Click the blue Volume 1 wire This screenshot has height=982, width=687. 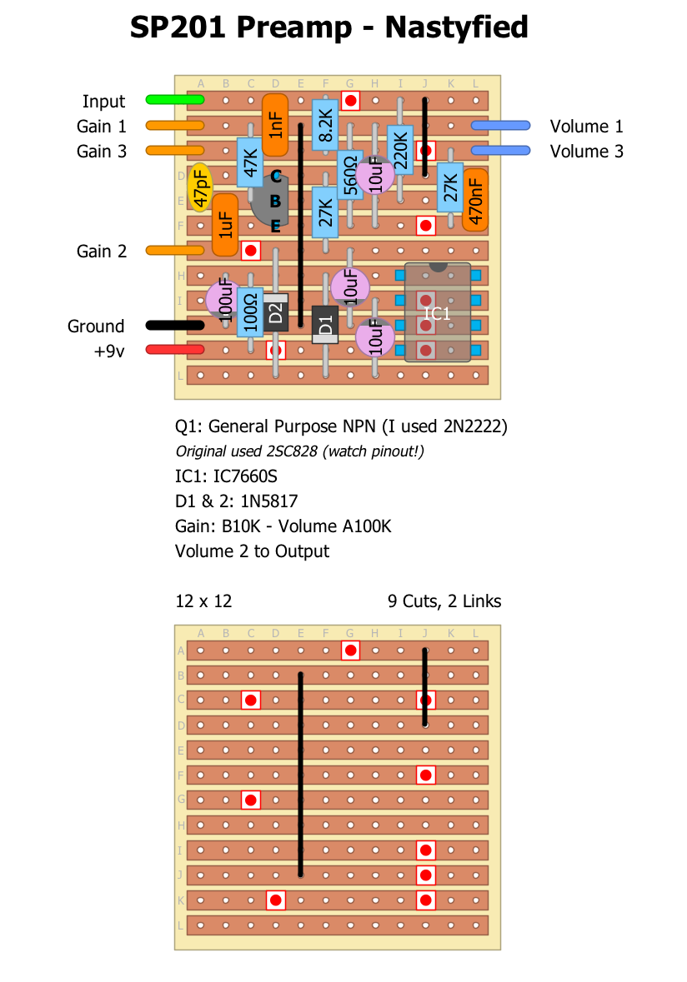click(500, 126)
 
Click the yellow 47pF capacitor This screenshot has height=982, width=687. click(200, 187)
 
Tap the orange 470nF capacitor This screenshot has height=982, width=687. click(475, 200)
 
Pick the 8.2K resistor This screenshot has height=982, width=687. click(325, 125)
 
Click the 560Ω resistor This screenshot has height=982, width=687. click(350, 176)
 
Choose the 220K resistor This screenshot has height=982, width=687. click(400, 150)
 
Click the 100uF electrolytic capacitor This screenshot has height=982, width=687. click(223, 300)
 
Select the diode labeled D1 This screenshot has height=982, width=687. click(325, 325)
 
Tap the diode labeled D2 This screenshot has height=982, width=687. click(276, 312)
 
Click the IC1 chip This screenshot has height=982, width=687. click(438, 313)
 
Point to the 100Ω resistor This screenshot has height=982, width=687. click(250, 312)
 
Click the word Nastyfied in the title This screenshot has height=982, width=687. click(456, 27)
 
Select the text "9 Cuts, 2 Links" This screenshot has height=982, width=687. click(444, 601)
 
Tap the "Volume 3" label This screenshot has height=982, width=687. click(586, 151)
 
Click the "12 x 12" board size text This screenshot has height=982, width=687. click(203, 601)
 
